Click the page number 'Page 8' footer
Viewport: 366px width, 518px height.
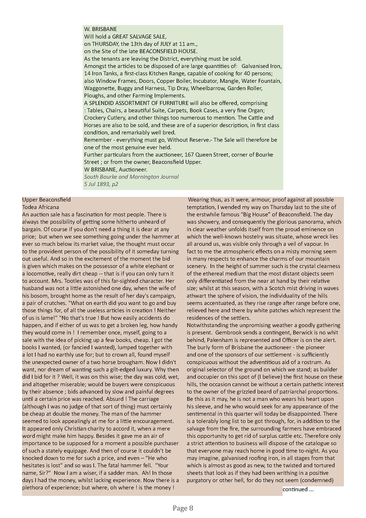click(183, 508)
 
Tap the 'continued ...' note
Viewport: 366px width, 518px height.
click(298, 489)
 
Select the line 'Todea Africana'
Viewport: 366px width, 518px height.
click(41, 207)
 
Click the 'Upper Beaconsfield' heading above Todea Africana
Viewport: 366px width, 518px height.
click(46, 200)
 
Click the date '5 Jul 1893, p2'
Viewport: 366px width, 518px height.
click(101, 184)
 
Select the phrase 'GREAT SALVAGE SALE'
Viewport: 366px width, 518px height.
click(139, 37)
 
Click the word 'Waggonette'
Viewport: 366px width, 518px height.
click(98, 88)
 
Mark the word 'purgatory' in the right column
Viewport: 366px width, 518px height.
click(199, 480)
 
